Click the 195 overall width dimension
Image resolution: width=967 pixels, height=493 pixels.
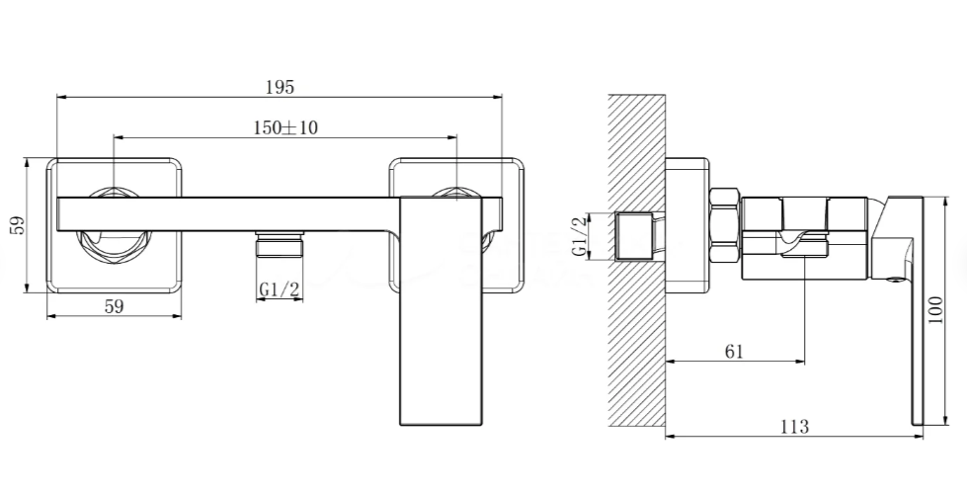coord(280,88)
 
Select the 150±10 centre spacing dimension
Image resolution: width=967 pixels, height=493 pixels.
coord(285,127)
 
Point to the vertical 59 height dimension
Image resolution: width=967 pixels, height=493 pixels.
coord(18,225)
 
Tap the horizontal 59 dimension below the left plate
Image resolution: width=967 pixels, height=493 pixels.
coord(115,306)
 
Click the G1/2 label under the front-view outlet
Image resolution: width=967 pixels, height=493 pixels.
coord(280,289)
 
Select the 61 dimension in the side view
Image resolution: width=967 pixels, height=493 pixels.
coord(734,352)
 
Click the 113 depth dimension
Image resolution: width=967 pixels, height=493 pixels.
coord(794,427)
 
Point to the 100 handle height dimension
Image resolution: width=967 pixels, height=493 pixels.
coord(935,310)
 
